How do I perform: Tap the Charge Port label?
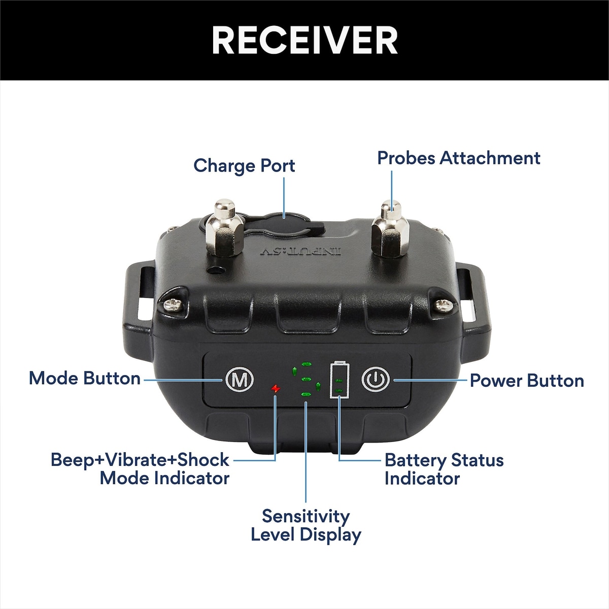[244, 166]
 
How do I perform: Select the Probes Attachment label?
[458, 158]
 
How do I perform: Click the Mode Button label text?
[85, 379]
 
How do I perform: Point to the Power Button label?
[527, 381]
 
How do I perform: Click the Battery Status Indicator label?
[444, 469]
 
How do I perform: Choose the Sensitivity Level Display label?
[306, 525]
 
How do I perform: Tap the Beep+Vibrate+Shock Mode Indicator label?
[140, 469]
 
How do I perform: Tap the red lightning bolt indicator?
[275, 389]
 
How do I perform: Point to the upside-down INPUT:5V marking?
[301, 251]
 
